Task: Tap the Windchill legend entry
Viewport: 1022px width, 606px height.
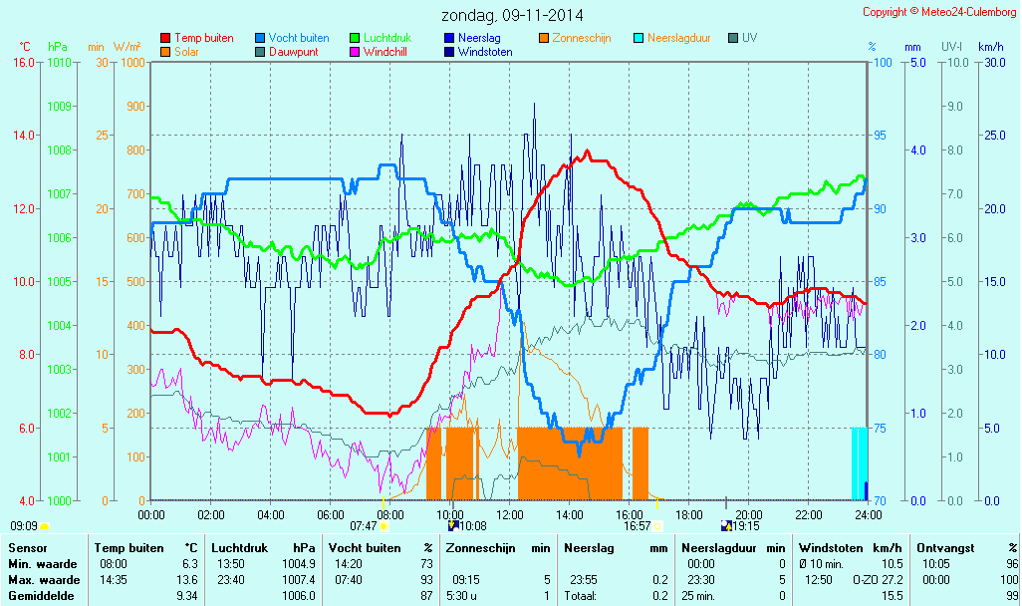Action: coord(383,52)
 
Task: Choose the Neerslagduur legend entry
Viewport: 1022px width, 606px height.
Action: coord(678,38)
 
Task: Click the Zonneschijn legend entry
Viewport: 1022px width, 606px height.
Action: coord(581,38)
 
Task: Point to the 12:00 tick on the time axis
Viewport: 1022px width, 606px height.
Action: coord(510,514)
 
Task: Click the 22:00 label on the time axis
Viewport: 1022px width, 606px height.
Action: coord(809,514)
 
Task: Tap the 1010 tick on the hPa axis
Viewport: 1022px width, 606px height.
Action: coord(60,62)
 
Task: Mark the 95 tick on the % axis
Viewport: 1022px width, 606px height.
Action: coord(883,136)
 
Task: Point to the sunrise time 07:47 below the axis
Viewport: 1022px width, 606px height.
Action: coord(363,525)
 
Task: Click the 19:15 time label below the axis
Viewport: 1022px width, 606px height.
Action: coord(746,525)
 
